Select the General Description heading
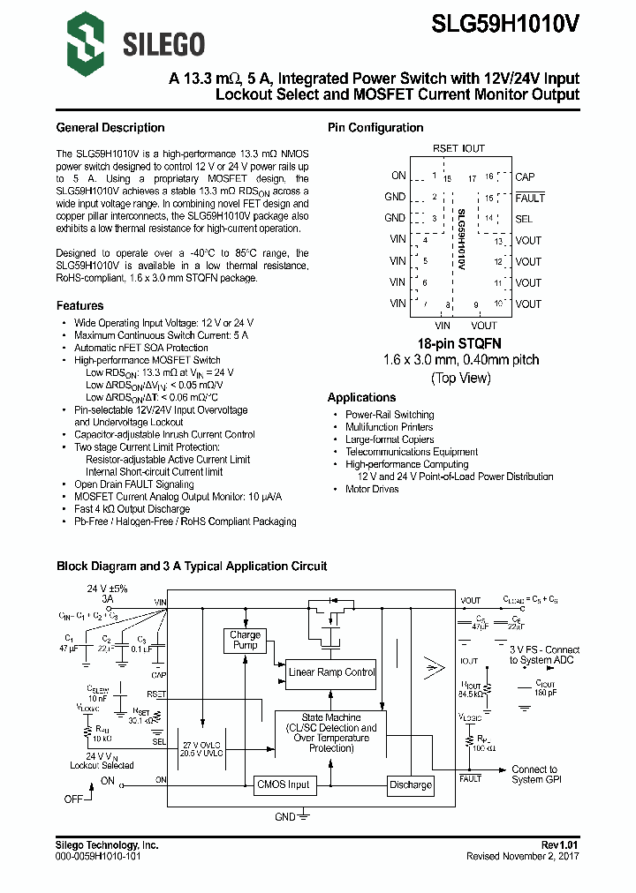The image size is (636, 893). [x=110, y=128]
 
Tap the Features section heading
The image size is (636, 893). [x=80, y=305]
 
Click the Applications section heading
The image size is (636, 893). [x=361, y=398]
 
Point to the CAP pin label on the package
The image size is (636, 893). [x=525, y=176]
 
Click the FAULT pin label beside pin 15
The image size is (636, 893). [x=530, y=198]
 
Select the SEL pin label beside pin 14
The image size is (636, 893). [x=524, y=219]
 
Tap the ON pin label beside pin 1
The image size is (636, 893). [x=398, y=176]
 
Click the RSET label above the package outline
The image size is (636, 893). [x=445, y=149]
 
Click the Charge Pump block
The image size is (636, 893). [x=245, y=640]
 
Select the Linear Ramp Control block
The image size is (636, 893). [x=332, y=672]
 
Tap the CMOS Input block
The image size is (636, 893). [x=284, y=784]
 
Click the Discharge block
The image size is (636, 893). [x=411, y=784]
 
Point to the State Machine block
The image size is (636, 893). [x=331, y=733]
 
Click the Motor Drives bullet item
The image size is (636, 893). [x=372, y=489]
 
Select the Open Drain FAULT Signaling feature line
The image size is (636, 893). [x=134, y=484]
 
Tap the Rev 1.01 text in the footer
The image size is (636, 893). [x=560, y=845]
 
